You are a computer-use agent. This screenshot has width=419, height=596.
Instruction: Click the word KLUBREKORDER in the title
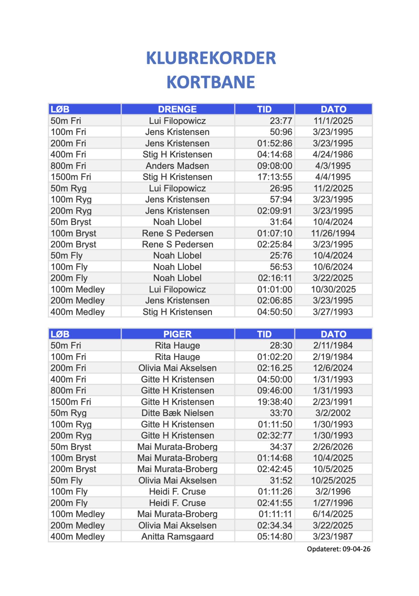(211, 58)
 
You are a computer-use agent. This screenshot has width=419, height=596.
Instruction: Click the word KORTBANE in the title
(211, 82)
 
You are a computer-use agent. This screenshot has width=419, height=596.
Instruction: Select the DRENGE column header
(177, 109)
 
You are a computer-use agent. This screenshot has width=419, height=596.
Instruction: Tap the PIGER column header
(177, 334)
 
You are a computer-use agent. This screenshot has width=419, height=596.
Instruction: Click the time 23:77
(281, 121)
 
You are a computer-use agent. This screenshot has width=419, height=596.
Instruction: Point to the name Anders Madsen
(177, 166)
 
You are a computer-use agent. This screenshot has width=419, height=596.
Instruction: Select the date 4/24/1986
(333, 154)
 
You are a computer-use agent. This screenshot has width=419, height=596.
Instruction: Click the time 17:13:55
(275, 177)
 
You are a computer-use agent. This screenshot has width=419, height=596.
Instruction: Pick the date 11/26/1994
(333, 233)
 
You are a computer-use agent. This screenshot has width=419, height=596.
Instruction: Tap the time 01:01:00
(275, 289)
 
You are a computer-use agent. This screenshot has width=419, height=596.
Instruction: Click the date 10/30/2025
(333, 289)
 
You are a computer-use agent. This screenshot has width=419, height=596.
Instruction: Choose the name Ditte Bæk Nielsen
(177, 413)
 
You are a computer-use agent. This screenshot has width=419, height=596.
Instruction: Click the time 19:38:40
(275, 402)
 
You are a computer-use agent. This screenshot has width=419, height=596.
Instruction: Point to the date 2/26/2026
(333, 447)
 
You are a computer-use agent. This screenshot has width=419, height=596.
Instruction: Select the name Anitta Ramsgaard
(177, 536)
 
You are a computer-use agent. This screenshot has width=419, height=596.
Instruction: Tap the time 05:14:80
(275, 536)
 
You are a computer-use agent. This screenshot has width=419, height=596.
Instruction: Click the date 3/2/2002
(333, 413)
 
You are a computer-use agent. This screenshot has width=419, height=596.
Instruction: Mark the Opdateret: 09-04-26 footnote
(338, 549)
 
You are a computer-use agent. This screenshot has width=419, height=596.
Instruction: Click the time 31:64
(281, 222)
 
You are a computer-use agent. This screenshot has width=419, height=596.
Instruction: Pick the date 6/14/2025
(333, 514)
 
